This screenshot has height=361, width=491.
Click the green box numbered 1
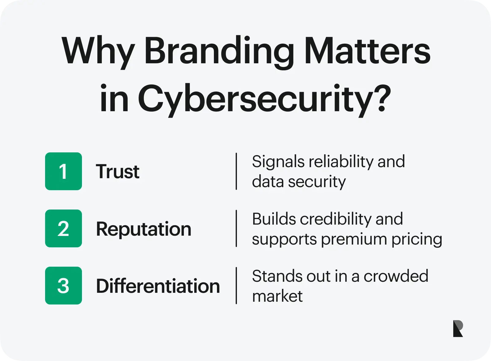pos(64,171)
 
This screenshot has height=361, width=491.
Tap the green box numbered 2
pos(64,228)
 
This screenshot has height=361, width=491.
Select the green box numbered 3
pos(64,285)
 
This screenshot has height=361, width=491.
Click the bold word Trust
pos(118,171)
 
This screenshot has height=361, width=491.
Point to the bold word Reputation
pos(144,229)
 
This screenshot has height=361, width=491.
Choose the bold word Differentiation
pos(158,286)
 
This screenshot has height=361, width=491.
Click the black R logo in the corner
pos(458,328)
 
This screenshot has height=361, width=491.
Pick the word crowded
pos(396,276)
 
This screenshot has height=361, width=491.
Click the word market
pos(277,296)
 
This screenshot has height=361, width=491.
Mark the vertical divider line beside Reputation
pos(236,228)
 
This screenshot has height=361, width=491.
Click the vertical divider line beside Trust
pos(236,171)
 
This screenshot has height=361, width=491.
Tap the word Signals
pos(278,162)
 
